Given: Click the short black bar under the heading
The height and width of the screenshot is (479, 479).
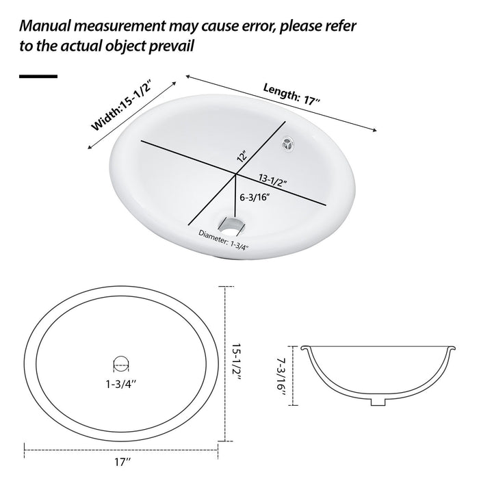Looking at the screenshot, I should [38, 76].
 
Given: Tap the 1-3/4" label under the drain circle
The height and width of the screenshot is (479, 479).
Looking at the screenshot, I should [120, 384].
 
